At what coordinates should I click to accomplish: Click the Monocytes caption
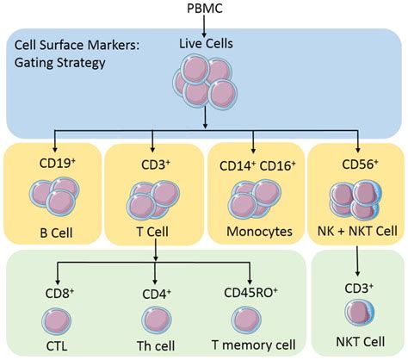tap(254, 231)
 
